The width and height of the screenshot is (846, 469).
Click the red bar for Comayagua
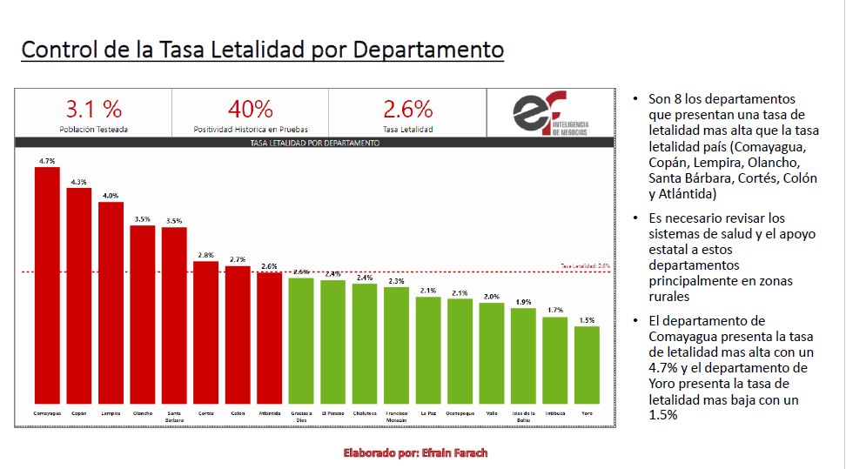47,283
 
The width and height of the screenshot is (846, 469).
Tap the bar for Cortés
205,331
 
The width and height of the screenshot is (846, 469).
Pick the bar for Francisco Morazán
396,344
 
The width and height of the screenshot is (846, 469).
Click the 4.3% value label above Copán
79,182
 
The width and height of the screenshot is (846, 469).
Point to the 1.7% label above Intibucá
554,310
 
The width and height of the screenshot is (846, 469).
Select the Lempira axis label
111,412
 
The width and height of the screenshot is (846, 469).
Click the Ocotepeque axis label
460,412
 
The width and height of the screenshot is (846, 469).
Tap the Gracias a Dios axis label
300,416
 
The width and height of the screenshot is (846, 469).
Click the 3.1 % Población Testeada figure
94,110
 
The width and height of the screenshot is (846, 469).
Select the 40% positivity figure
251,110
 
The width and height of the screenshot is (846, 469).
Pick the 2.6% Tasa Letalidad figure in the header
408,110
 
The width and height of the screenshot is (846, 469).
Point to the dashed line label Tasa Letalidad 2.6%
585,266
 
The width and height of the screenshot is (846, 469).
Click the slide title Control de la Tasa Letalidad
262,50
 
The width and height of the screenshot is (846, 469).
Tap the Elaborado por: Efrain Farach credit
415,452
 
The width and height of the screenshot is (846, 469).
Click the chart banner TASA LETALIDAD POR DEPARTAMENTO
314,143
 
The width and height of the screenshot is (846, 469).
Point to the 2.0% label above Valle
491,297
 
